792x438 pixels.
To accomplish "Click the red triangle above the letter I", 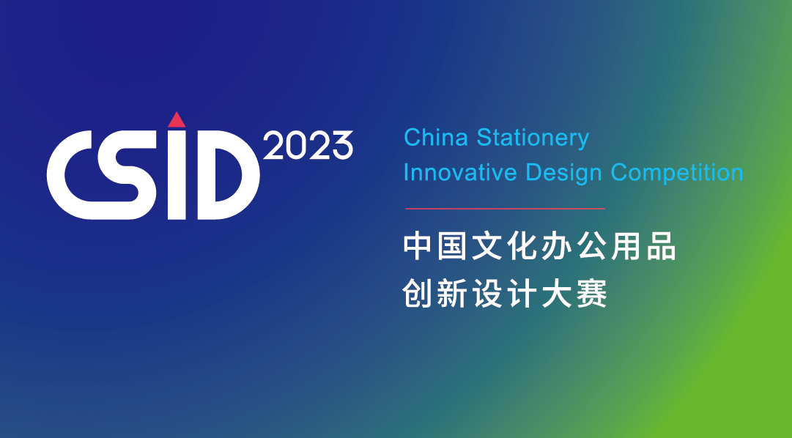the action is tap(177, 120).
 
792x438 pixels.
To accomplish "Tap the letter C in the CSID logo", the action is tap(66, 175).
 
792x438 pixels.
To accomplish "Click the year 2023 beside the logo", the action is tap(308, 146).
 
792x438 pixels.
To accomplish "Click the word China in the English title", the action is tap(436, 138).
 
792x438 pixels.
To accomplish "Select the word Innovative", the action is tap(460, 173).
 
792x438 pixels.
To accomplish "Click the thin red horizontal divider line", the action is tap(505, 208).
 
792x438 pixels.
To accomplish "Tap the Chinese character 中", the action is tap(417, 247).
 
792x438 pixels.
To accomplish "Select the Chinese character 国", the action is tap(451, 247).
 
